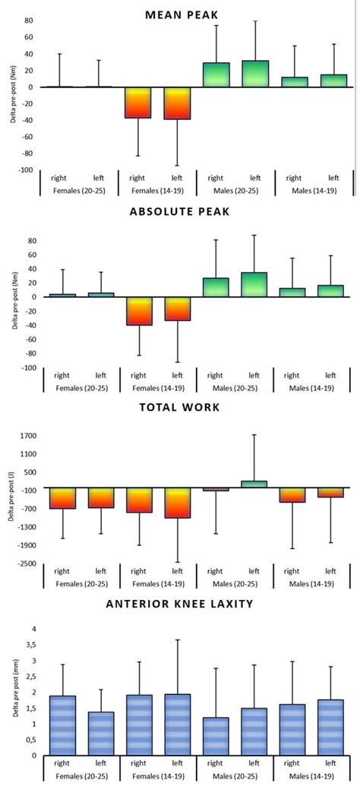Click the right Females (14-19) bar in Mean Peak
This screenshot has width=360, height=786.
coord(138,103)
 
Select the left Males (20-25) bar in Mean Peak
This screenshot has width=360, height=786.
coord(255,74)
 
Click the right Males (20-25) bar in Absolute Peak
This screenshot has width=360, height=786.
coord(216,287)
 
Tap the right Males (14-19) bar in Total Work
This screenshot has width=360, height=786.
coord(293,494)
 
